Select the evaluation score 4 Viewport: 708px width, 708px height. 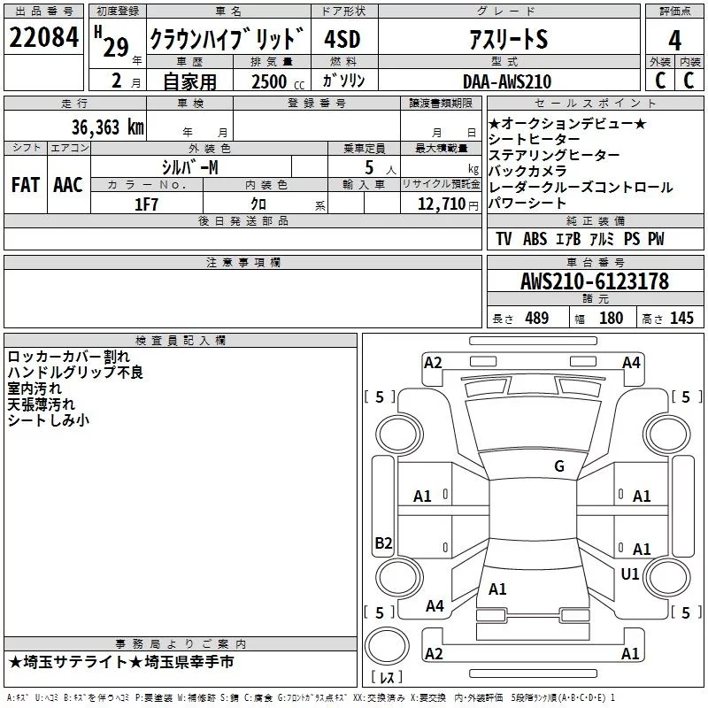click(x=675, y=39)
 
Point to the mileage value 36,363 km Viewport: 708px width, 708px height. click(x=107, y=127)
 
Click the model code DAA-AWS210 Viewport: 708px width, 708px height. click(x=506, y=81)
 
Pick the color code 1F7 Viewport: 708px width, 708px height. click(x=146, y=203)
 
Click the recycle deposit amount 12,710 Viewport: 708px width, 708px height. click(x=439, y=204)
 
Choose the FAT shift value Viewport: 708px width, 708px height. click(x=26, y=184)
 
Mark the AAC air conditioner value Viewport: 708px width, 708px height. click(x=67, y=184)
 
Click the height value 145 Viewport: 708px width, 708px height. click(x=681, y=318)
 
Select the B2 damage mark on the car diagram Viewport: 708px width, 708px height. click(x=383, y=543)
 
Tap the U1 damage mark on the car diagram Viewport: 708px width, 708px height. click(x=630, y=574)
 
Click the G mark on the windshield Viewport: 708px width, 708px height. click(x=558, y=466)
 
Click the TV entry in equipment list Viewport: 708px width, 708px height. click(x=504, y=239)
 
